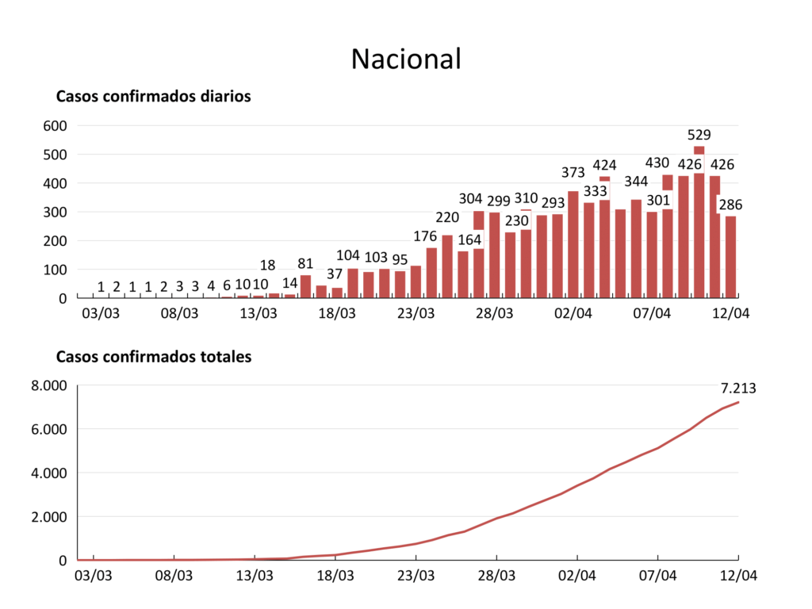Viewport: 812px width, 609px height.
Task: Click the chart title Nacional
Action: tap(406, 59)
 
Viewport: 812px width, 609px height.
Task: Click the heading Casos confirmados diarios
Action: tap(153, 97)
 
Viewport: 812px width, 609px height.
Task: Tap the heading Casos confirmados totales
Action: tap(153, 357)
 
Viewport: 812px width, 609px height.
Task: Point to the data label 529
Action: tap(699, 135)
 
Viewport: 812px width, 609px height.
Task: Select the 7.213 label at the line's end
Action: tap(739, 389)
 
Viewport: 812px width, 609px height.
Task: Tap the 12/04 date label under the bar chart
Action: tap(730, 313)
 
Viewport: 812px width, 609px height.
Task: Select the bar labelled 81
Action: tap(305, 286)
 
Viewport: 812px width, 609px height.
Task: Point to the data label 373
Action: tap(573, 172)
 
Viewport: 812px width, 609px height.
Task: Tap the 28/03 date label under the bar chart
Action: tap(494, 313)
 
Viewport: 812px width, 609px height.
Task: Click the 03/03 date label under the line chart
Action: tap(94, 575)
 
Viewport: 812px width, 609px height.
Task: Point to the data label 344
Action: tap(635, 182)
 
